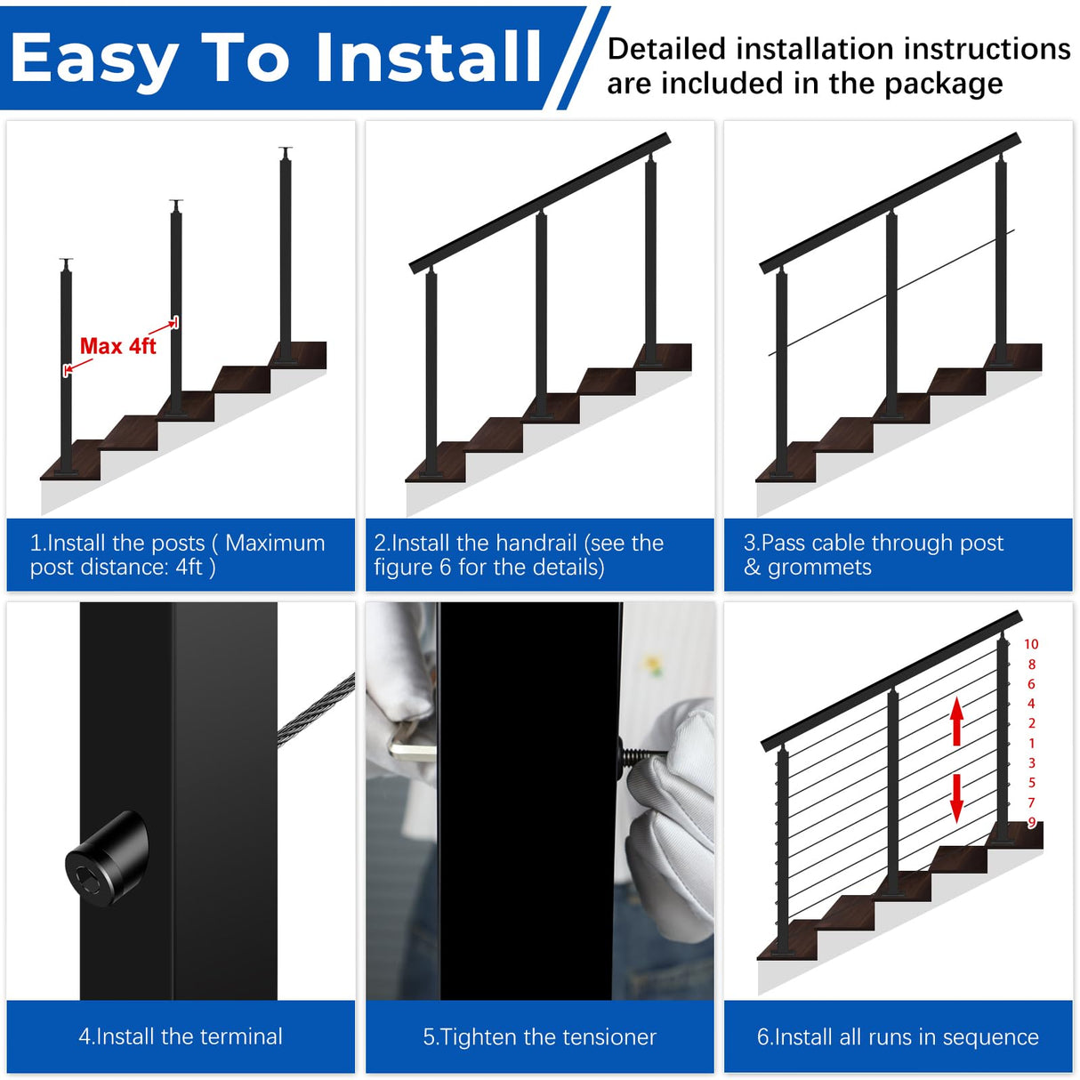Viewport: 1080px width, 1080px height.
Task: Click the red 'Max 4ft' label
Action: click(x=117, y=346)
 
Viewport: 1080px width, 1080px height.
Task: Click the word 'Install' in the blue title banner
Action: click(x=429, y=57)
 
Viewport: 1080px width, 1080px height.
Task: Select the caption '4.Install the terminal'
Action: click(x=181, y=1036)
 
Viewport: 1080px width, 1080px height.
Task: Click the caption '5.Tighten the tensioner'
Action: click(x=539, y=1036)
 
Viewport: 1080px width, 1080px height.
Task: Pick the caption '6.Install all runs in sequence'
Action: click(x=898, y=1036)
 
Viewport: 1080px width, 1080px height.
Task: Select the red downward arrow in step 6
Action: click(x=956, y=797)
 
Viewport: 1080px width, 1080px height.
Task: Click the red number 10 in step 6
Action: click(x=1031, y=644)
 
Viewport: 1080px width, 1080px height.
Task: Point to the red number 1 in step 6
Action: click(x=1032, y=743)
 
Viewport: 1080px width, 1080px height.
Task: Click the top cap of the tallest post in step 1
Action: click(x=285, y=151)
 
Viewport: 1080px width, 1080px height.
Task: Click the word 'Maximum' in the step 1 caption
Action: click(x=275, y=543)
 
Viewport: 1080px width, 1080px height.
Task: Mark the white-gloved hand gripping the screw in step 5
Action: click(x=672, y=818)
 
